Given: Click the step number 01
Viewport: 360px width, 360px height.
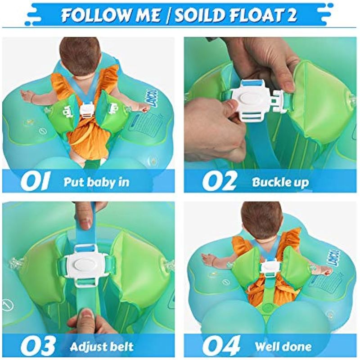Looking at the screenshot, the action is [35, 181].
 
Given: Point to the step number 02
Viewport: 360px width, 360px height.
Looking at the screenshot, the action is [219, 181].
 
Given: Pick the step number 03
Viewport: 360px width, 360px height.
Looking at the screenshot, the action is [38, 346].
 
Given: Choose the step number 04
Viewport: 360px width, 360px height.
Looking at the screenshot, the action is [221, 346].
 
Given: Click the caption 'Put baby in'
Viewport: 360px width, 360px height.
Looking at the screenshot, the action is [96, 182].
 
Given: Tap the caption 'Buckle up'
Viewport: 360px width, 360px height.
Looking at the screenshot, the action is [280, 183].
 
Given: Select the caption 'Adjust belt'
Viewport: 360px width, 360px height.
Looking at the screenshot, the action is [102, 346].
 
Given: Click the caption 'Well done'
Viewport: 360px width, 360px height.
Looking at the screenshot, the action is [283, 346].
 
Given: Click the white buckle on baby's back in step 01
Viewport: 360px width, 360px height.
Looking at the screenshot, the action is [87, 109].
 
